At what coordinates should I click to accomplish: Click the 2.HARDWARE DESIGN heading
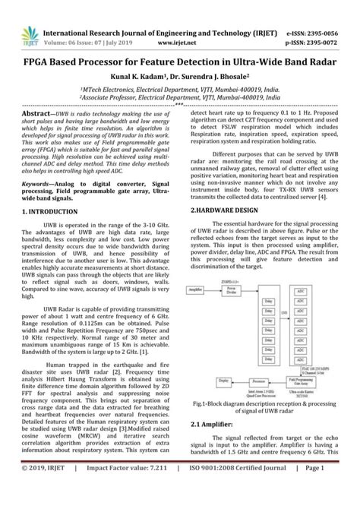tap(226, 209)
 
